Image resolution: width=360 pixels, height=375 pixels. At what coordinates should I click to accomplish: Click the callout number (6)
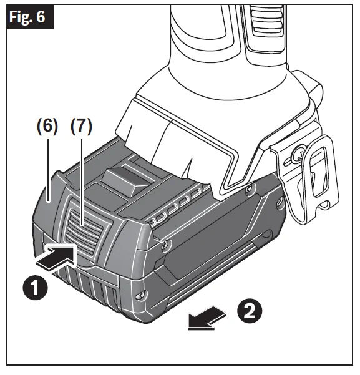click(46, 126)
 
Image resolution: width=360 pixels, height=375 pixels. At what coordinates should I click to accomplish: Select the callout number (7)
click(80, 126)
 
